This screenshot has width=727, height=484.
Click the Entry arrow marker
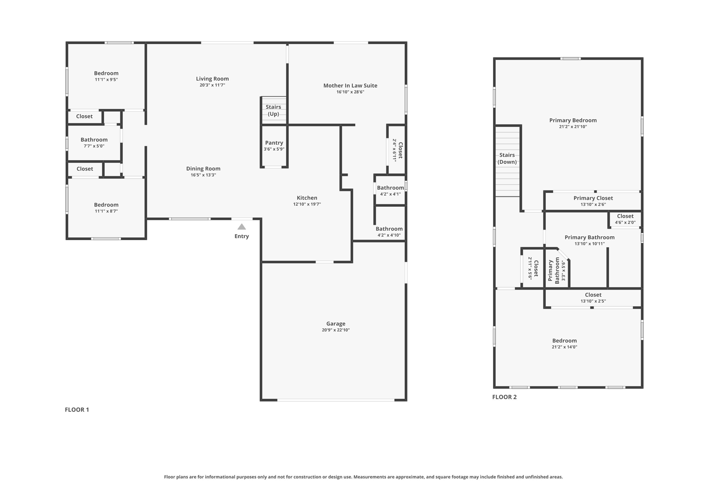(x=242, y=227)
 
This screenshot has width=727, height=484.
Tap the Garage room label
(x=336, y=323)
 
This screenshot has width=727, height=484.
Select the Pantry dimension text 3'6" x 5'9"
(x=274, y=149)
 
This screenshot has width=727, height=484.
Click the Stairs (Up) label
(x=273, y=110)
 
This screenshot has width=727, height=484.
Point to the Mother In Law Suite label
(x=350, y=85)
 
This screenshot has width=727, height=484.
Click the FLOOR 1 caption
(x=77, y=410)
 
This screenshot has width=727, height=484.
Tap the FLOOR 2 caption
(x=504, y=397)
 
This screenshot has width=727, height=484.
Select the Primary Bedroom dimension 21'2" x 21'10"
(x=573, y=127)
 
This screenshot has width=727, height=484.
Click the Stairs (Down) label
(x=507, y=158)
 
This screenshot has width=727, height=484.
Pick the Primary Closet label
(x=593, y=198)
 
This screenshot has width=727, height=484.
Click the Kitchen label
(x=307, y=198)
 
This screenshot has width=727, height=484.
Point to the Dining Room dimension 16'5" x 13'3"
(x=203, y=175)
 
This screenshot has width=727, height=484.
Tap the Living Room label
(x=212, y=79)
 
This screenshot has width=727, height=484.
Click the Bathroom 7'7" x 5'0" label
(x=94, y=140)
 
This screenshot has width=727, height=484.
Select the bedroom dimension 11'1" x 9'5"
(x=106, y=79)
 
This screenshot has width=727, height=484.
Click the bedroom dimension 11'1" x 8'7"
(x=106, y=211)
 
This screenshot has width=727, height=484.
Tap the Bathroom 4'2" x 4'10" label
(x=389, y=229)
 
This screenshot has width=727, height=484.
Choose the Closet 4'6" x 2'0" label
(x=625, y=216)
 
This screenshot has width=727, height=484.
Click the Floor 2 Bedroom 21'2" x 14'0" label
(x=564, y=341)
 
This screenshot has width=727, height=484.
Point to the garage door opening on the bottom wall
(x=336, y=400)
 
